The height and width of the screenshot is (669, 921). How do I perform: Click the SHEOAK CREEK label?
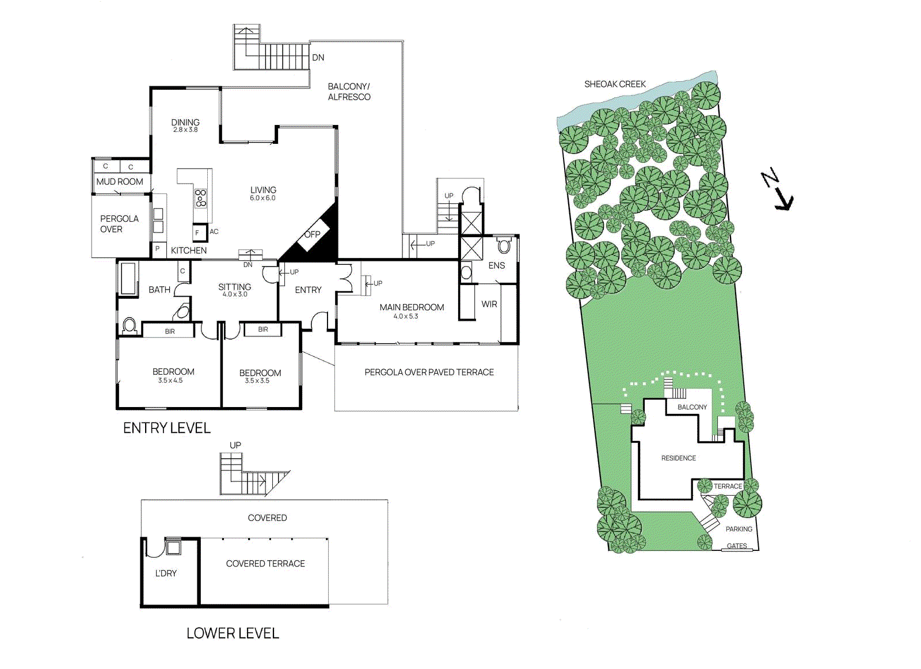point(615,84)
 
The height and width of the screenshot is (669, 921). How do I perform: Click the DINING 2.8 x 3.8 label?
point(185,125)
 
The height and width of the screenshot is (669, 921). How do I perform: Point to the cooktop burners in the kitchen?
point(200,197)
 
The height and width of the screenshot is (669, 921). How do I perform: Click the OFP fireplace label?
point(312,234)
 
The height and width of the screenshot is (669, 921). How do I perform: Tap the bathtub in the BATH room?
point(128,279)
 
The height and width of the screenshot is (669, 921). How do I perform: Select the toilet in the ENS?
point(504,246)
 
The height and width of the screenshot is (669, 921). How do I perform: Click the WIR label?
point(489,304)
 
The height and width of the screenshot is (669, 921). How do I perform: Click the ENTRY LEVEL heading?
point(167,428)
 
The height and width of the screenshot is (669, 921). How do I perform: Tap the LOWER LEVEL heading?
point(233,633)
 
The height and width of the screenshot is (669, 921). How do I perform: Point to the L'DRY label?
point(166,573)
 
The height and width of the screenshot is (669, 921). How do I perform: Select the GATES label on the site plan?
point(737,546)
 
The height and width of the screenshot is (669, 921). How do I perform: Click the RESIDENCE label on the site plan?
point(679,458)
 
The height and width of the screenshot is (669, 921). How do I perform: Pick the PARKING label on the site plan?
point(739,529)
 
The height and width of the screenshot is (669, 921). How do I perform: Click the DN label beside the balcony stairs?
point(318,58)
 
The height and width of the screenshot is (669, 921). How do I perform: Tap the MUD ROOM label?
point(120,181)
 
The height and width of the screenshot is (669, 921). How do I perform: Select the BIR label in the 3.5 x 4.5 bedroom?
point(170,332)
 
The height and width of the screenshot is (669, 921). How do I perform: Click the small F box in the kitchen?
point(197,233)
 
